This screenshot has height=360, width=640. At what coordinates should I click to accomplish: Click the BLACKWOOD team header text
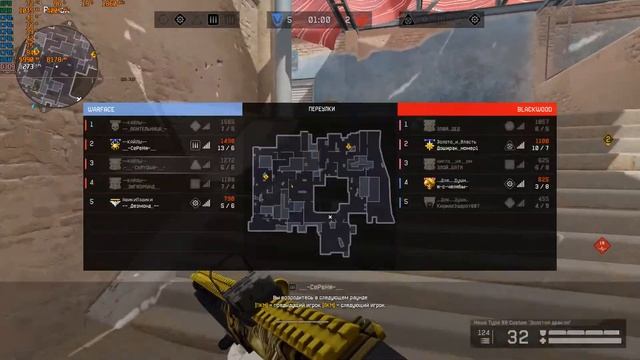(x=535, y=108)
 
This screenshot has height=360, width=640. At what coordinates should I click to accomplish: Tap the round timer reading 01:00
(x=319, y=19)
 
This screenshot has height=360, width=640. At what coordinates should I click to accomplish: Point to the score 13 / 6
(x=227, y=147)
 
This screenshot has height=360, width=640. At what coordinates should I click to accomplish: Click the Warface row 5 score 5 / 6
(x=227, y=204)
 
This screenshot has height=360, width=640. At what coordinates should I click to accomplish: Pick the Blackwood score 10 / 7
(x=540, y=147)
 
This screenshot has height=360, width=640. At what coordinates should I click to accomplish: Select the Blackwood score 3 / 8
(x=540, y=185)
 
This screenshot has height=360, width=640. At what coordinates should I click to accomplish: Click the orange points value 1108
(x=540, y=141)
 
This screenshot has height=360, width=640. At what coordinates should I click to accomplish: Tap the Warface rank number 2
(x=92, y=144)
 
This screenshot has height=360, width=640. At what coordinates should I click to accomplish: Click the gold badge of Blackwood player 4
(x=429, y=183)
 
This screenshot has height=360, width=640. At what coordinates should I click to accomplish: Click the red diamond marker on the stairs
(x=601, y=244)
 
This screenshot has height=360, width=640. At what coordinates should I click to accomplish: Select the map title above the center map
(x=319, y=108)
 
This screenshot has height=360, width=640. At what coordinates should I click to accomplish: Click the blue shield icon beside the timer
(x=276, y=19)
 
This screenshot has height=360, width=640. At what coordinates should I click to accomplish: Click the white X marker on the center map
(x=330, y=217)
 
